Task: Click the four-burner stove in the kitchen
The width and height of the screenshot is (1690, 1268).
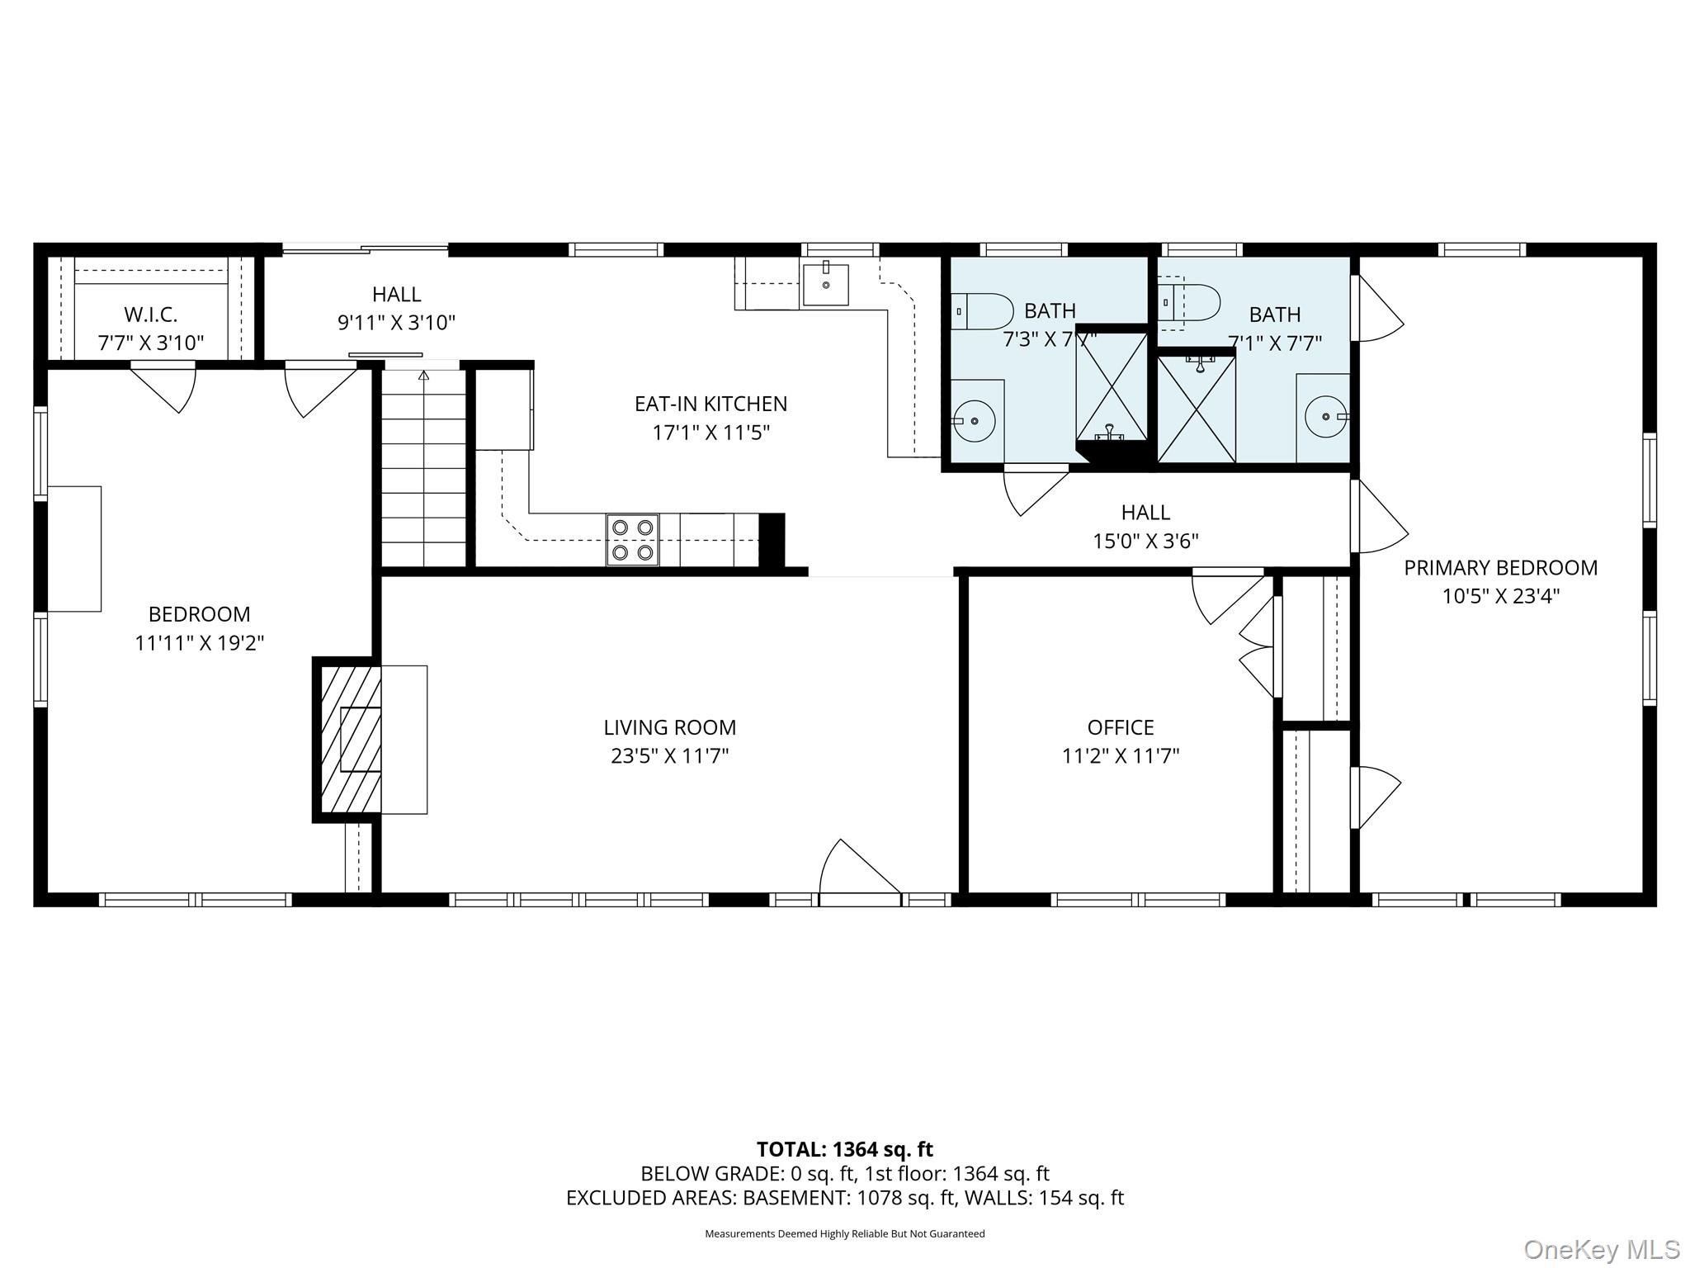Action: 632,540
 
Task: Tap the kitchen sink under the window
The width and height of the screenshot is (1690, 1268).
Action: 825,285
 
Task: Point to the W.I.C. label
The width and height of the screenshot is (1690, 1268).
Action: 151,315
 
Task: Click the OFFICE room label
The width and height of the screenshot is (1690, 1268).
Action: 1120,727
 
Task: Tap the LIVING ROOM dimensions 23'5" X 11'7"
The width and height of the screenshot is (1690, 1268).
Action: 669,756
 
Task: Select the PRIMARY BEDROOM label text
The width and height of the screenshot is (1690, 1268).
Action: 1500,568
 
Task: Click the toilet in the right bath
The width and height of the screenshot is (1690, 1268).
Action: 1192,303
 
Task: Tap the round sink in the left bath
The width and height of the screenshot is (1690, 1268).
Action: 975,420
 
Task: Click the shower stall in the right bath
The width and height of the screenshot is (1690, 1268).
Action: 1197,409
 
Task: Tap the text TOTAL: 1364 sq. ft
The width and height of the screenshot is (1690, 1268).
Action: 844,1149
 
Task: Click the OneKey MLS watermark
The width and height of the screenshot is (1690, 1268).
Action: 1601,1250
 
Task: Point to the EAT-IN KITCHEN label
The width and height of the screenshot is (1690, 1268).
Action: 710,404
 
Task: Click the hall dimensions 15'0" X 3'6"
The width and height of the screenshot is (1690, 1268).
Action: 1145,542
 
